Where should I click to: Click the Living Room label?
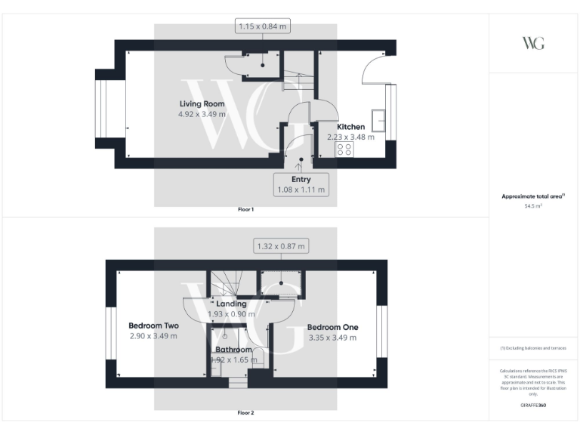pos(202,103)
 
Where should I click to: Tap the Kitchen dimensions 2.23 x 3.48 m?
pos(350,137)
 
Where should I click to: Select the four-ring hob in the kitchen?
pos(344,150)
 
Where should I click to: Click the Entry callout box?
pos(301,184)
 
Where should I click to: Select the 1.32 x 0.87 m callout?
pos(280,246)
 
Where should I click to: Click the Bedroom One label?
pos(332,327)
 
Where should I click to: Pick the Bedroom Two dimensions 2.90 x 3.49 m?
pos(153,336)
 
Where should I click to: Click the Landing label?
pos(231,304)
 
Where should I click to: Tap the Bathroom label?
pos(233,350)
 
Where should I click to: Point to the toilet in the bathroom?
pos(258,357)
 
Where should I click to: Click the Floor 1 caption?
pos(246,209)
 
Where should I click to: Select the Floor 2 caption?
pos(246,413)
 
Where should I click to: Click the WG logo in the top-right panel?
pos(533,43)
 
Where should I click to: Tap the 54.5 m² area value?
pos(533,205)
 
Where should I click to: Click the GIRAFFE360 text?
pos(533,406)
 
